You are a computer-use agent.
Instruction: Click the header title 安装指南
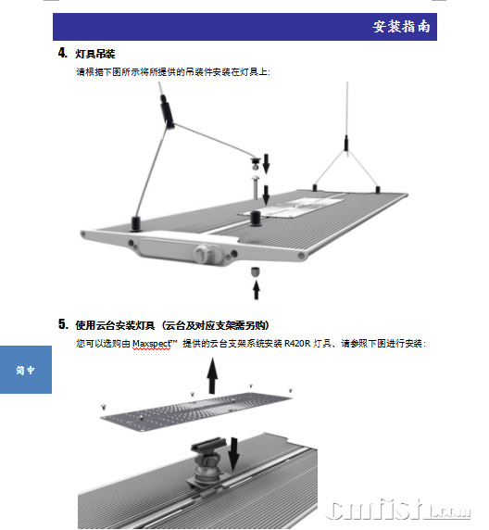(x=401, y=27)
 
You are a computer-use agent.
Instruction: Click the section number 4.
(x=63, y=53)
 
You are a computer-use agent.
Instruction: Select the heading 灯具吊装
(x=95, y=54)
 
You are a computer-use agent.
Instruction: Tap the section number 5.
(x=63, y=323)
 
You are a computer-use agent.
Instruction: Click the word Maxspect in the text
(x=152, y=344)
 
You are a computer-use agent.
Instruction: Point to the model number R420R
(x=297, y=344)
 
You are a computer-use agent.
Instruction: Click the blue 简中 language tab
(x=26, y=370)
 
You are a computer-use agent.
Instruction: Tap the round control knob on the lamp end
(x=204, y=254)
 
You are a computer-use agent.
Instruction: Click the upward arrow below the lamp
(x=257, y=290)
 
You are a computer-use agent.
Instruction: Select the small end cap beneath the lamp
(x=256, y=271)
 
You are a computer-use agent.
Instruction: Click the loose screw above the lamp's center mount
(x=256, y=187)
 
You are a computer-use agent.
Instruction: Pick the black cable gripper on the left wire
(x=168, y=111)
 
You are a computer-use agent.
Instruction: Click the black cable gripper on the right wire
(x=346, y=143)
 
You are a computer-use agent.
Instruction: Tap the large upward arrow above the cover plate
(x=212, y=375)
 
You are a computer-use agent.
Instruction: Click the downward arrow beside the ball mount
(x=233, y=454)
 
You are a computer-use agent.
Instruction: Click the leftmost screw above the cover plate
(x=104, y=407)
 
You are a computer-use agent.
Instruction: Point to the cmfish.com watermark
(x=398, y=510)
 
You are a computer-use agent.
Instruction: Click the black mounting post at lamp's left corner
(x=135, y=223)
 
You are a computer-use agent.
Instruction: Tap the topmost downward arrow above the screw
(x=267, y=164)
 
